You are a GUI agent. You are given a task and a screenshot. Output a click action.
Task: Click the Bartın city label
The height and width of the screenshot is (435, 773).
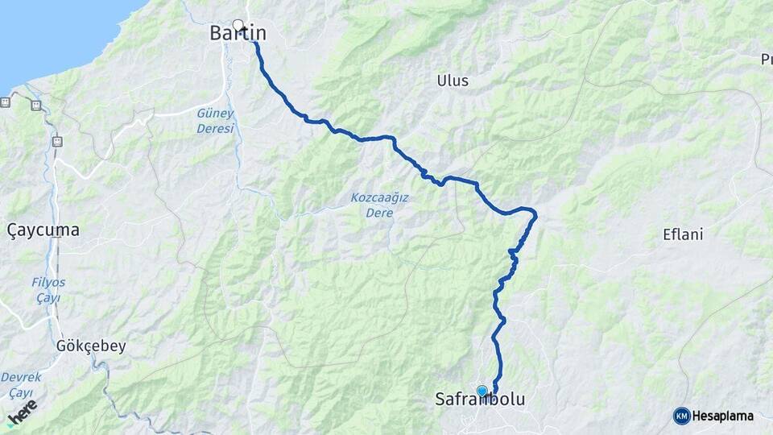pos(238,33)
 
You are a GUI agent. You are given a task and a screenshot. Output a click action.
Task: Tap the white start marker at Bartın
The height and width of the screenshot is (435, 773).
pos(238,24)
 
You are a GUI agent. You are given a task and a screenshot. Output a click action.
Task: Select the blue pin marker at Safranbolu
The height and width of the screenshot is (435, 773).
pos(482,391)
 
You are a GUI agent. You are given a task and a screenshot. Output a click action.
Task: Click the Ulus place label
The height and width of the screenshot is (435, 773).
pos(452,81)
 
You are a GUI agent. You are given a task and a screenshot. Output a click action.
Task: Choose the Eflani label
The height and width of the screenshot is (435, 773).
pos(683,235)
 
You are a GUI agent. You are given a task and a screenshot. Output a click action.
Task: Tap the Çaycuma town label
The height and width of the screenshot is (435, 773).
pos(43,230)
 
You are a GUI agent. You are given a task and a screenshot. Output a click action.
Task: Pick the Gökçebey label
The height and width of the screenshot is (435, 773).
pos(91,346)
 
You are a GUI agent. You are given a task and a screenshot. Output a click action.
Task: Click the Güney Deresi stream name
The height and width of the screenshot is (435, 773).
pos(215,121)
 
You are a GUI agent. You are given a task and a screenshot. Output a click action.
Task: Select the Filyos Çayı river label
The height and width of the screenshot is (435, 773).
pos(48,290)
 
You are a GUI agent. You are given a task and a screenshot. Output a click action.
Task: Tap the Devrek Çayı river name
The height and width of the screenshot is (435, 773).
pos(21,384)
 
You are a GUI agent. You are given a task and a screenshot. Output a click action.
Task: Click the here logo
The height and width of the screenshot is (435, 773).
pos(22,412)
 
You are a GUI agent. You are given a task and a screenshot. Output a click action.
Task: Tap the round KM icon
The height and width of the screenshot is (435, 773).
pos(681,416)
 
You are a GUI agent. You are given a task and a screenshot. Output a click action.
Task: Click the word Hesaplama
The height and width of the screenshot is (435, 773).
pos(722,416)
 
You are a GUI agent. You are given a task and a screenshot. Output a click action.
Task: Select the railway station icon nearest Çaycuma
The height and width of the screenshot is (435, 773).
pos(56,142)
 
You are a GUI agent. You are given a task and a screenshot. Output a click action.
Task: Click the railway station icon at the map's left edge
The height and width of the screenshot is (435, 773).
pos(6,102)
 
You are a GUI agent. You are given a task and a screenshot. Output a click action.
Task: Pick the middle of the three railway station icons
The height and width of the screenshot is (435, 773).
pos(36,106)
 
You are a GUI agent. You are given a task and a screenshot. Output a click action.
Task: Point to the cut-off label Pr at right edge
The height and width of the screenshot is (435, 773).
pos(766,59)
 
